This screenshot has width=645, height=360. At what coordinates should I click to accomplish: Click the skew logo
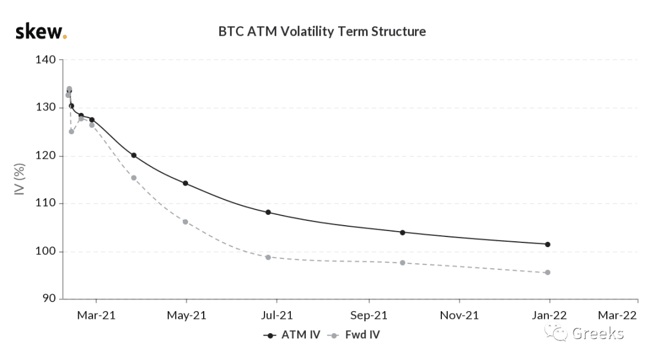click(x=41, y=31)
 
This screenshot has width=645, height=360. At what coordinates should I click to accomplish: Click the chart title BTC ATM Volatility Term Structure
click(x=322, y=31)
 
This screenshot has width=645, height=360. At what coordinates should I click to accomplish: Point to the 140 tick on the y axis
click(x=45, y=60)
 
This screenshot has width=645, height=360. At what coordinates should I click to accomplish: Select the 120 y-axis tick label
click(x=45, y=155)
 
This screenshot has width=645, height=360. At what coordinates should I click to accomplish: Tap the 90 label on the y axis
click(x=49, y=299)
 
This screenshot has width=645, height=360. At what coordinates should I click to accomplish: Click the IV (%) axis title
click(x=19, y=179)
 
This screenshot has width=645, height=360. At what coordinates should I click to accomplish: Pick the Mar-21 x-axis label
click(x=96, y=315)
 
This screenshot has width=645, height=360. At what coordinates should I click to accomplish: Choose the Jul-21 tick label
click(x=277, y=315)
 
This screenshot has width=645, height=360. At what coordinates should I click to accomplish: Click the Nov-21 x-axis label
click(x=459, y=315)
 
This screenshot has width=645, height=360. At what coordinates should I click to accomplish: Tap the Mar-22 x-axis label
click(x=617, y=315)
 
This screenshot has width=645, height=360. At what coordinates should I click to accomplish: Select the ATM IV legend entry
click(x=291, y=335)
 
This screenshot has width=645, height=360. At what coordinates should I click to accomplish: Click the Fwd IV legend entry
click(x=354, y=335)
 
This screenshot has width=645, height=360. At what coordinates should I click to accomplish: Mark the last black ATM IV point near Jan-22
click(x=548, y=244)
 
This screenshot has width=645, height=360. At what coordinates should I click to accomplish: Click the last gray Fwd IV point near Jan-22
click(x=548, y=272)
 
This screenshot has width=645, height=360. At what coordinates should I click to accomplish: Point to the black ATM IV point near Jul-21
click(x=268, y=213)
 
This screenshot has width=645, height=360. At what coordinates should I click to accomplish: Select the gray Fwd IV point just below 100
click(x=268, y=257)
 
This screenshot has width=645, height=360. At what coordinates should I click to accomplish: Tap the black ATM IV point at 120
click(x=134, y=155)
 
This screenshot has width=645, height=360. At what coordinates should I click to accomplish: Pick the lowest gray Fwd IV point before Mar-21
click(x=71, y=132)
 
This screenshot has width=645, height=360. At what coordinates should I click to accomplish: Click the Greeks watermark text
click(x=598, y=333)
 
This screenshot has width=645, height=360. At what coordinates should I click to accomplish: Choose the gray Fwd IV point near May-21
click(x=185, y=222)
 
